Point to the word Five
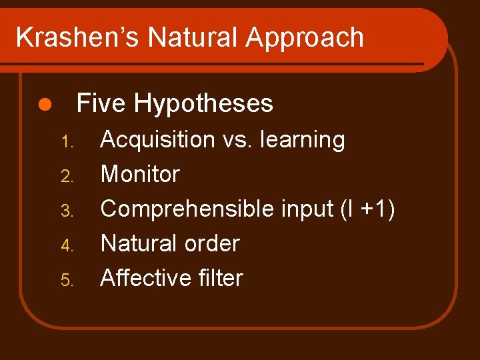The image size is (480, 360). tap(101, 103)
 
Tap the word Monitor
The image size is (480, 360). tap(140, 175)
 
